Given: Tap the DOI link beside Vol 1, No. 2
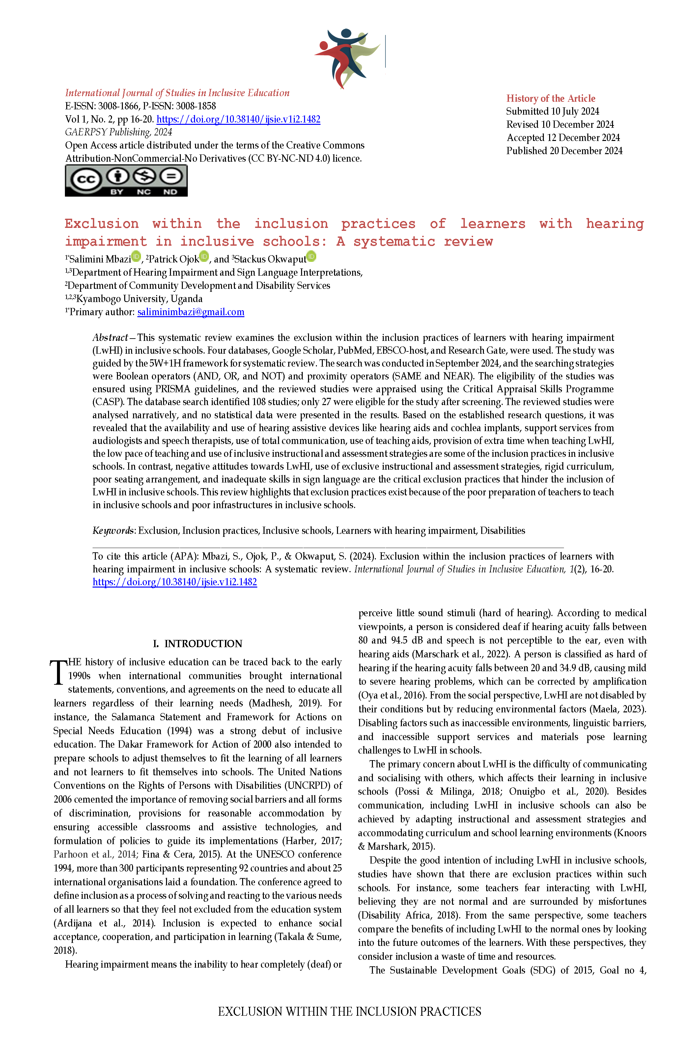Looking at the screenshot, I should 238,119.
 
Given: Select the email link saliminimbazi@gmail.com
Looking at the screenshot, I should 191,312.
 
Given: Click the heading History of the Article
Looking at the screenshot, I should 550,98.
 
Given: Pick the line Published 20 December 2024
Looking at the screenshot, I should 564,151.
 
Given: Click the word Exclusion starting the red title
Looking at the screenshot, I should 101,224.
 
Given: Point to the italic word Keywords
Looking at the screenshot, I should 113,531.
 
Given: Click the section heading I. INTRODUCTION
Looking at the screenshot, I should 197,644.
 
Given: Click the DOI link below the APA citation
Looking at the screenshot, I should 175,582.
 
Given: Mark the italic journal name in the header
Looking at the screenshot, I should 177,93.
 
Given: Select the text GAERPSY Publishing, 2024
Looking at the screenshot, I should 118,132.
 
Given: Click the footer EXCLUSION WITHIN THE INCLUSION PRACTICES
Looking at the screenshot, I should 350,1011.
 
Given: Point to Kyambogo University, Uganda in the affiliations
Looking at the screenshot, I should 138,299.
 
